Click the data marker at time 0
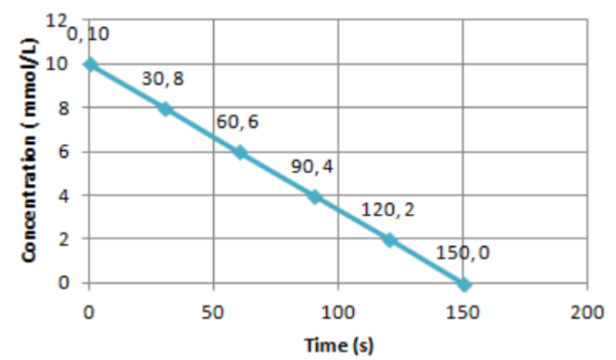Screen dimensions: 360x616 pyautogui.click(x=90, y=65)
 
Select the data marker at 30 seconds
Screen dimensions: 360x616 pyautogui.click(x=164, y=109)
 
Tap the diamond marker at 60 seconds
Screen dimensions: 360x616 pyautogui.click(x=239, y=152)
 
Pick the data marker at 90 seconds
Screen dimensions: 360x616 pyautogui.click(x=314, y=197)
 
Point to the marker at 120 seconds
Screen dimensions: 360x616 pyautogui.click(x=389, y=240)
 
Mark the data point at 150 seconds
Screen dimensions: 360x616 pyautogui.click(x=464, y=284)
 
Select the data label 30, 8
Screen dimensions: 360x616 pyautogui.click(x=163, y=79)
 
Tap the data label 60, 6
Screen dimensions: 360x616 pyautogui.click(x=238, y=122)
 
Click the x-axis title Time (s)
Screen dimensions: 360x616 pyautogui.click(x=338, y=346)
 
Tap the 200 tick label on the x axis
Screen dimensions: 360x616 pyautogui.click(x=587, y=311)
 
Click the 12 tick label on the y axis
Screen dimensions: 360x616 pyautogui.click(x=58, y=21)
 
